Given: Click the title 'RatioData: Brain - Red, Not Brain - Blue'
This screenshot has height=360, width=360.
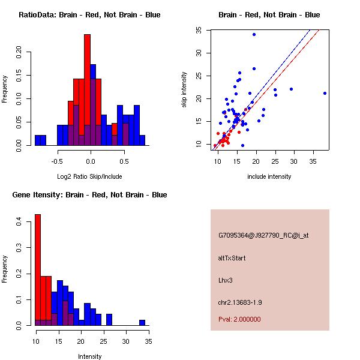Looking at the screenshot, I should click(89, 15).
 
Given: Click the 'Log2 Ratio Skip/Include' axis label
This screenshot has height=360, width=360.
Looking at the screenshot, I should click(90, 177).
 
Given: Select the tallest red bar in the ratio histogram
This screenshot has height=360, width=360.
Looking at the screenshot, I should click(87, 90).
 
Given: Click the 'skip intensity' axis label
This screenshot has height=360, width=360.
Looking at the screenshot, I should click(185, 90).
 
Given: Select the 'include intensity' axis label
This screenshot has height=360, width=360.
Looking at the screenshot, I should click(269, 177).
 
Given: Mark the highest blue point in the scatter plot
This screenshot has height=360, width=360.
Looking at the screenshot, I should click(254, 34).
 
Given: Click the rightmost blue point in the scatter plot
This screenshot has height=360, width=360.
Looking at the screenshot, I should click(325, 93).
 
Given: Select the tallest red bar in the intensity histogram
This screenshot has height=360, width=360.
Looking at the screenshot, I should click(37, 270).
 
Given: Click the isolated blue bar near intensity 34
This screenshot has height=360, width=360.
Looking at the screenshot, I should click(142, 322).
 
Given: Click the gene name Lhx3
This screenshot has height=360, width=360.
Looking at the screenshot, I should click(225, 280).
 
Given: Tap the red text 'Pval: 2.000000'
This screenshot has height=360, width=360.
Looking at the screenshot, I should click(239, 319).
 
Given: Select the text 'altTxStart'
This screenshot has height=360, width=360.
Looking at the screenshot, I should click(232, 258).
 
